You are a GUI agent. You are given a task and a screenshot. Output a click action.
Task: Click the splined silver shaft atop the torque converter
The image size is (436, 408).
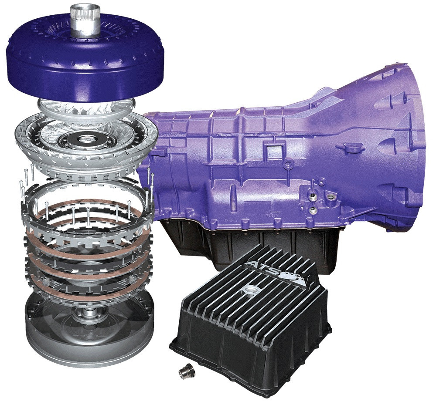(x=85, y=20)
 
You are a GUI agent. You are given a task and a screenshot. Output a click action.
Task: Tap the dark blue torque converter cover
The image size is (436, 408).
(x=85, y=65)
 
